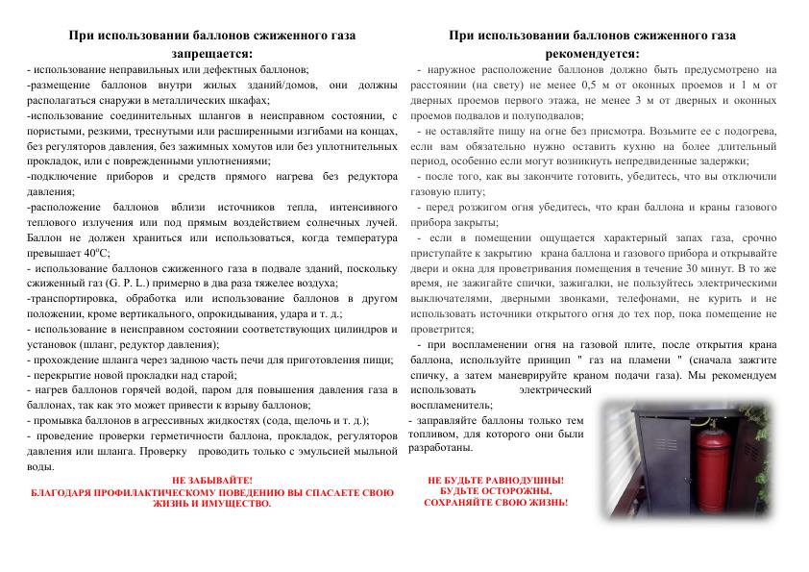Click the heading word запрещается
coord(212,54)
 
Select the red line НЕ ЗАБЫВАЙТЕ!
coord(211,479)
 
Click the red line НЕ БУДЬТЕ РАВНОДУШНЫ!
coord(496,479)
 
